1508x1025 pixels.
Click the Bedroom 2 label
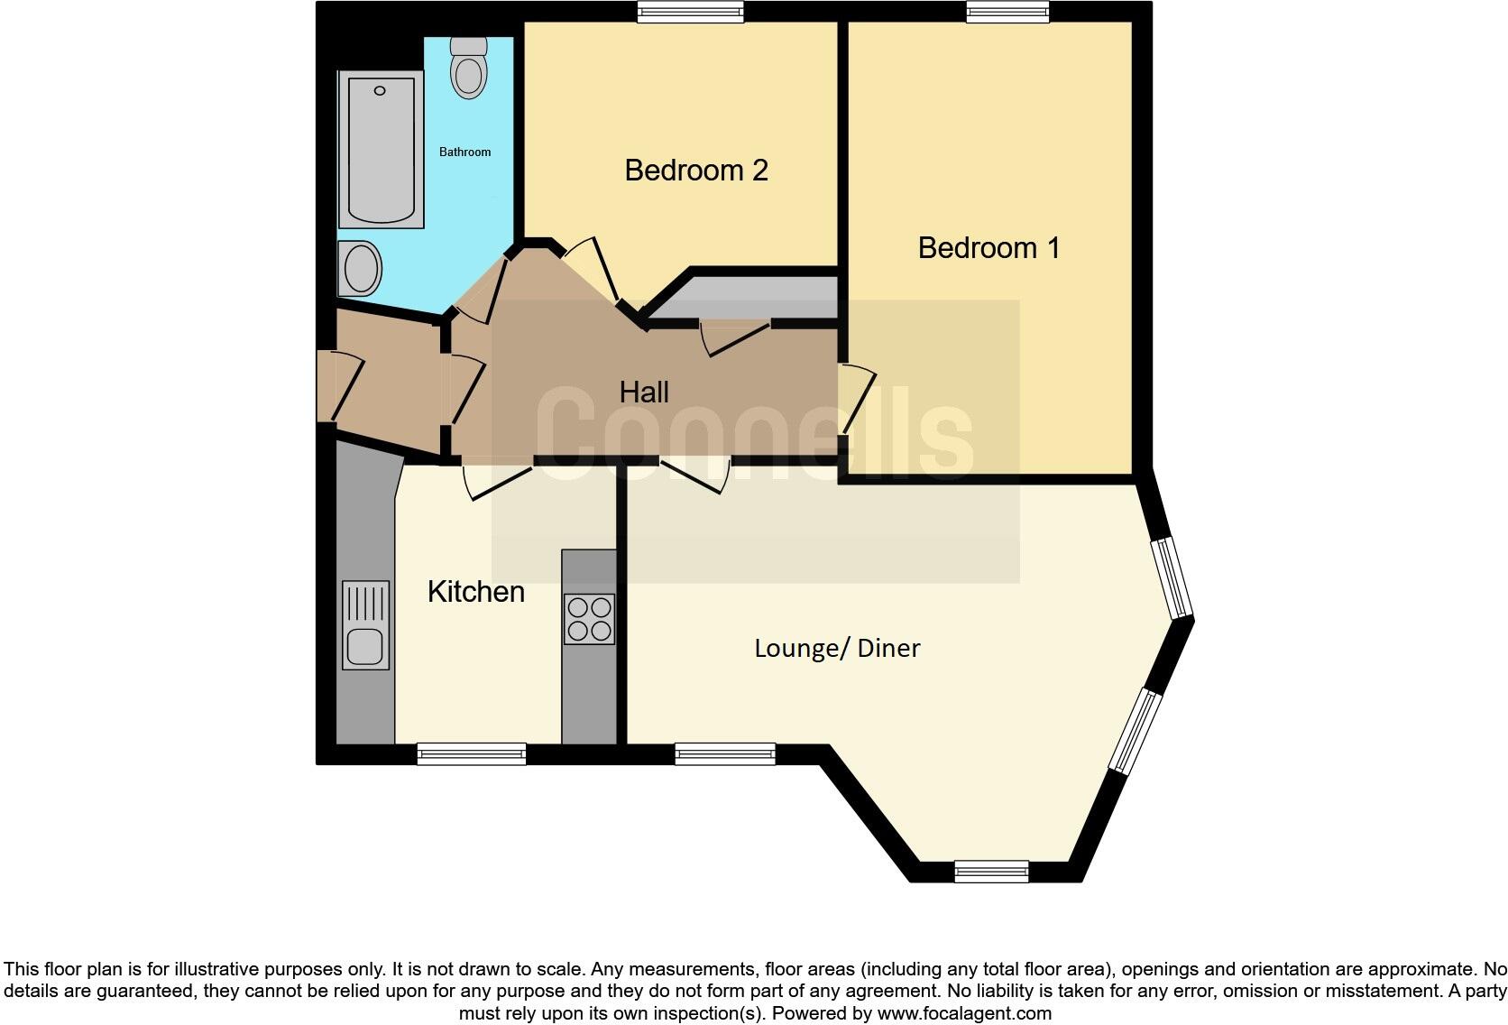695,170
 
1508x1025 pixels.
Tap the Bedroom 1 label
988,247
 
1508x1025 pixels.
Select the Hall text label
644,392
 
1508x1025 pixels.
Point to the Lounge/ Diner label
837,648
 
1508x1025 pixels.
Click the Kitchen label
475,592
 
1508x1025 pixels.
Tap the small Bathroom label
464,152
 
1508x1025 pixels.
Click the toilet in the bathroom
468,68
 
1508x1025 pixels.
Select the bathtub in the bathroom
381,149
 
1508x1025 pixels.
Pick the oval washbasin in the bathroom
361,268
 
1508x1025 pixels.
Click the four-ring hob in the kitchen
589,618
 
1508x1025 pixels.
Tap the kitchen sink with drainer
365,624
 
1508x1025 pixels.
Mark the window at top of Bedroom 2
690,12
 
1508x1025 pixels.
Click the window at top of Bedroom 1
1007,12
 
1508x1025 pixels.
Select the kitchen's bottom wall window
471,753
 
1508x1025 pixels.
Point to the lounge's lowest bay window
991,871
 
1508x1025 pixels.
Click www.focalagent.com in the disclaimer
963,1013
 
